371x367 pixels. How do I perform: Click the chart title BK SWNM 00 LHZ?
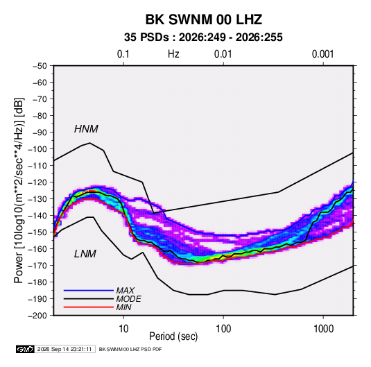[203, 19]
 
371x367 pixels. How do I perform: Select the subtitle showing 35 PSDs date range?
[203, 37]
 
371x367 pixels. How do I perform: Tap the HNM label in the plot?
[86, 129]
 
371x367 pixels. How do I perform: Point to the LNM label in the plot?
[85, 254]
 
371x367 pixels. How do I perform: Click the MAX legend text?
[125, 290]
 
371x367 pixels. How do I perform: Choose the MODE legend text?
[128, 299]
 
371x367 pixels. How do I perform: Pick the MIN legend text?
[123, 307]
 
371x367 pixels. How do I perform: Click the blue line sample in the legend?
[89, 291]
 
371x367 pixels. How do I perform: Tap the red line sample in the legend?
[89, 307]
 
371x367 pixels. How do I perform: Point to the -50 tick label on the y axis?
[40, 66]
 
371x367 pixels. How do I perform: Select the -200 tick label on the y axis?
[37, 316]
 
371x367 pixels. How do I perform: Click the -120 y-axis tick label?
[37, 182]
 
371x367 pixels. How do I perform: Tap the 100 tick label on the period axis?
[223, 329]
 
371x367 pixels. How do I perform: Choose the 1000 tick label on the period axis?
[323, 329]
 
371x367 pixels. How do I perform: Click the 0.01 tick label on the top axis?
[223, 54]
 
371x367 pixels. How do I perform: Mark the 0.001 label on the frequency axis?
[322, 54]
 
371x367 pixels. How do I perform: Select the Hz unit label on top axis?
[173, 54]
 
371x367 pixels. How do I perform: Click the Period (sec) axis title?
[173, 336]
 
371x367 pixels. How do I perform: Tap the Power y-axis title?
[19, 190]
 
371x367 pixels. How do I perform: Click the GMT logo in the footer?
[25, 349]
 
